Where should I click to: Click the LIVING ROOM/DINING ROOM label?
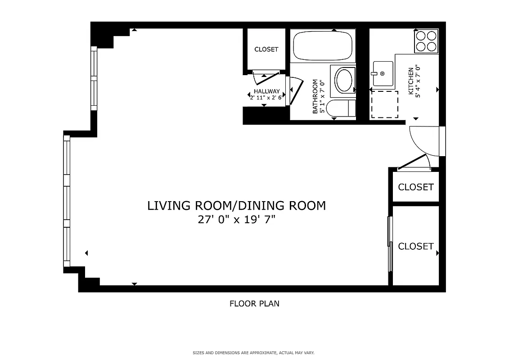coord(236,206)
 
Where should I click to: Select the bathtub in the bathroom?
coord(322,45)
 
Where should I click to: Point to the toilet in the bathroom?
coord(340,109)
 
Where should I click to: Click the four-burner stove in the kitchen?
coord(426,41)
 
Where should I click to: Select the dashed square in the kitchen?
coord(384,104)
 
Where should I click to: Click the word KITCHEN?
coord(410,81)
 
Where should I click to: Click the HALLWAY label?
coord(266,91)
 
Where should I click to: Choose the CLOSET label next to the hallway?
coord(266,49)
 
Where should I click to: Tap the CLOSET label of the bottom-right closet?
coord(416,246)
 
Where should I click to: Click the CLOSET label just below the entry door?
coord(416,187)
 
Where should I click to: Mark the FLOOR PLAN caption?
coord(254,303)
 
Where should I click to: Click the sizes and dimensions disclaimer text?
coord(254,353)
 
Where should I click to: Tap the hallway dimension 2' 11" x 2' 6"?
coord(266,97)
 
